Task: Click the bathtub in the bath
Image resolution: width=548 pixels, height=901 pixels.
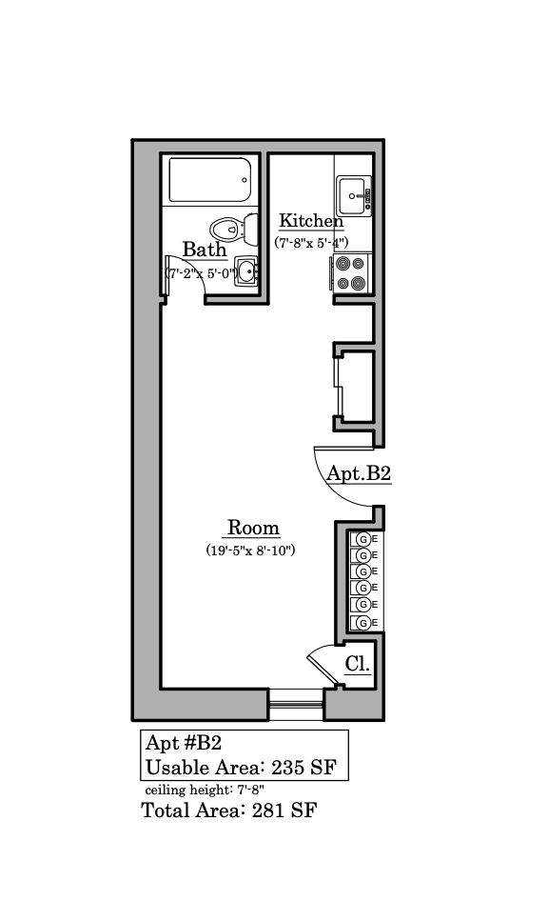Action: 209,180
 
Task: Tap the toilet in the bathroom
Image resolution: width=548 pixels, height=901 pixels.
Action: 233,229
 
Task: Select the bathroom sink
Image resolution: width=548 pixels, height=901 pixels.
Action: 247,270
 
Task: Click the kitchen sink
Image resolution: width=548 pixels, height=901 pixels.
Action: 354,196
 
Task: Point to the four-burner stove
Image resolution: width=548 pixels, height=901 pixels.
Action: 351,273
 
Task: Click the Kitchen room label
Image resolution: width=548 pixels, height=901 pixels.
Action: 311,221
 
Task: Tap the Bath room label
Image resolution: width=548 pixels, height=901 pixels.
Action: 205,250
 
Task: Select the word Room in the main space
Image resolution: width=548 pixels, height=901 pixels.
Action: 253,528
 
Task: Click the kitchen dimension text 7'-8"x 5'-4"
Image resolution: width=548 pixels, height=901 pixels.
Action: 311,243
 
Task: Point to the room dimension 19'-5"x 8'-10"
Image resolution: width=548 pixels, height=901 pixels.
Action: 250,551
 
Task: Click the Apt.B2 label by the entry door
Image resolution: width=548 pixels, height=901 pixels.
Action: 359,473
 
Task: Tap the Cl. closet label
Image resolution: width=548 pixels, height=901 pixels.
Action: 358,664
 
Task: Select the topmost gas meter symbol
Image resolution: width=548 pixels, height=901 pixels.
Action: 362,540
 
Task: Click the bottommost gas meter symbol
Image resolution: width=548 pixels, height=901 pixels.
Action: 362,623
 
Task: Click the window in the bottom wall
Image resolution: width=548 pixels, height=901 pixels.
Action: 296,705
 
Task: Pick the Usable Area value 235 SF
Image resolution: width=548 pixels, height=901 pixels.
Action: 303,768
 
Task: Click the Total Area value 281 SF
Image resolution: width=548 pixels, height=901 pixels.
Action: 284,811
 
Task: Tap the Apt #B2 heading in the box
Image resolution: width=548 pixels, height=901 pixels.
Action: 184,743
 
